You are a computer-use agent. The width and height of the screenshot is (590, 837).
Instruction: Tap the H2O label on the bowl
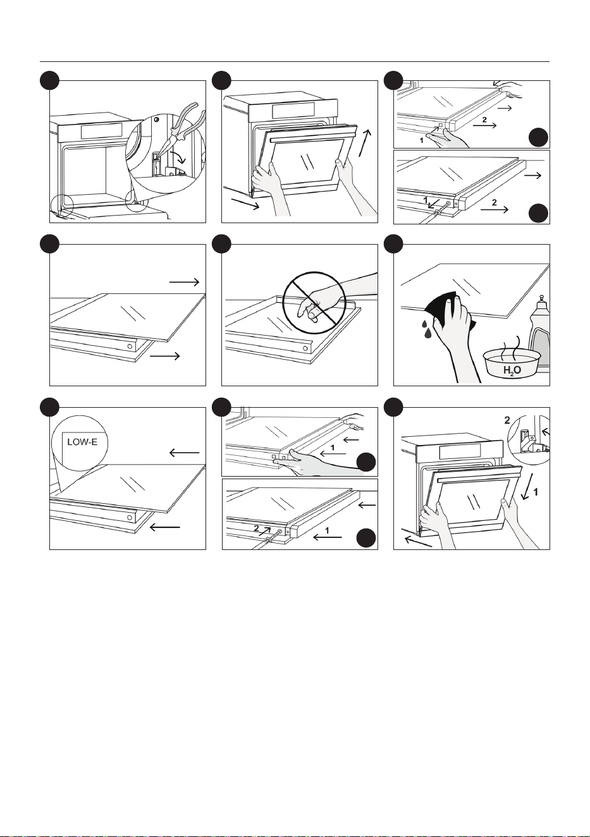pyautogui.click(x=512, y=370)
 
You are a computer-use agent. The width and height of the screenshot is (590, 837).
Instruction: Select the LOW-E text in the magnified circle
pyautogui.click(x=82, y=442)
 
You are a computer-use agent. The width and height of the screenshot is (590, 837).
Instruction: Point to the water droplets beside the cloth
pyautogui.click(x=427, y=327)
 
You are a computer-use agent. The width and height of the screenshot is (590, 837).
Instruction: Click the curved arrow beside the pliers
pyautogui.click(x=180, y=157)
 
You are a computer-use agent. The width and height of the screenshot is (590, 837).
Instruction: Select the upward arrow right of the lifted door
pyautogui.click(x=365, y=143)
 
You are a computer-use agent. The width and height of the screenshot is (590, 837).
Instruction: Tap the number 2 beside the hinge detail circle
pyautogui.click(x=507, y=420)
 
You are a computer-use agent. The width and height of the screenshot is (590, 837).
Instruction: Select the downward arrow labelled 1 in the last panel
pyautogui.click(x=526, y=486)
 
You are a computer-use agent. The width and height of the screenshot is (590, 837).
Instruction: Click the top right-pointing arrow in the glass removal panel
pyautogui.click(x=184, y=283)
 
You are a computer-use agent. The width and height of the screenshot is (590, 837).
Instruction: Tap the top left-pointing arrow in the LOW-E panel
pyautogui.click(x=184, y=453)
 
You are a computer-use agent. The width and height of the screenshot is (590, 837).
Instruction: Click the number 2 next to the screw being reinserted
pyautogui.click(x=256, y=528)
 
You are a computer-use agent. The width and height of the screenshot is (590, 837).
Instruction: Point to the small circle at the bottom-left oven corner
pyautogui.click(x=62, y=205)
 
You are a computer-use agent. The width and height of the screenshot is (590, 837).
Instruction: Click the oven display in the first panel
pyautogui.click(x=101, y=131)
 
